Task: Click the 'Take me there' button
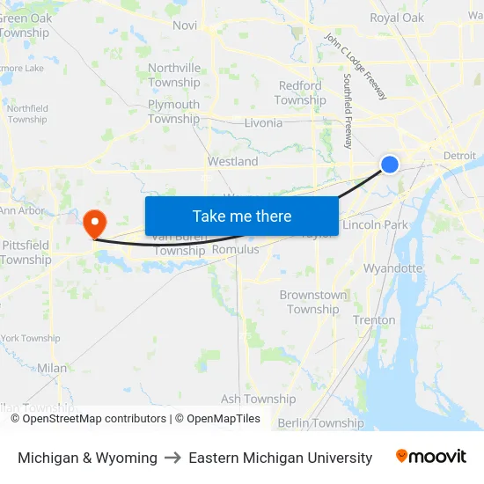click(242, 216)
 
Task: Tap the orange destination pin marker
click(94, 221)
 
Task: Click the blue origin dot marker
click(390, 164)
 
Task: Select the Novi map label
click(185, 26)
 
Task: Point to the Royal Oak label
click(397, 18)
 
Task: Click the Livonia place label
click(263, 123)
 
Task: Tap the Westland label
click(233, 162)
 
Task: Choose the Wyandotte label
click(393, 268)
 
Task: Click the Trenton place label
click(374, 320)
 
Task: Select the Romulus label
click(236, 250)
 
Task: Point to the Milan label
click(52, 368)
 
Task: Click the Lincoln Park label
click(375, 225)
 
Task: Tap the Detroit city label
click(459, 156)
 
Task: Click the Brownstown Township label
click(313, 302)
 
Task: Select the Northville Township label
click(174, 75)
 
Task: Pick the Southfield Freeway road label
click(348, 110)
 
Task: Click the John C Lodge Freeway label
click(356, 66)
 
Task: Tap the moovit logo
click(431, 457)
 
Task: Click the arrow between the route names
click(173, 458)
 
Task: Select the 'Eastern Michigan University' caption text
click(280, 458)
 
